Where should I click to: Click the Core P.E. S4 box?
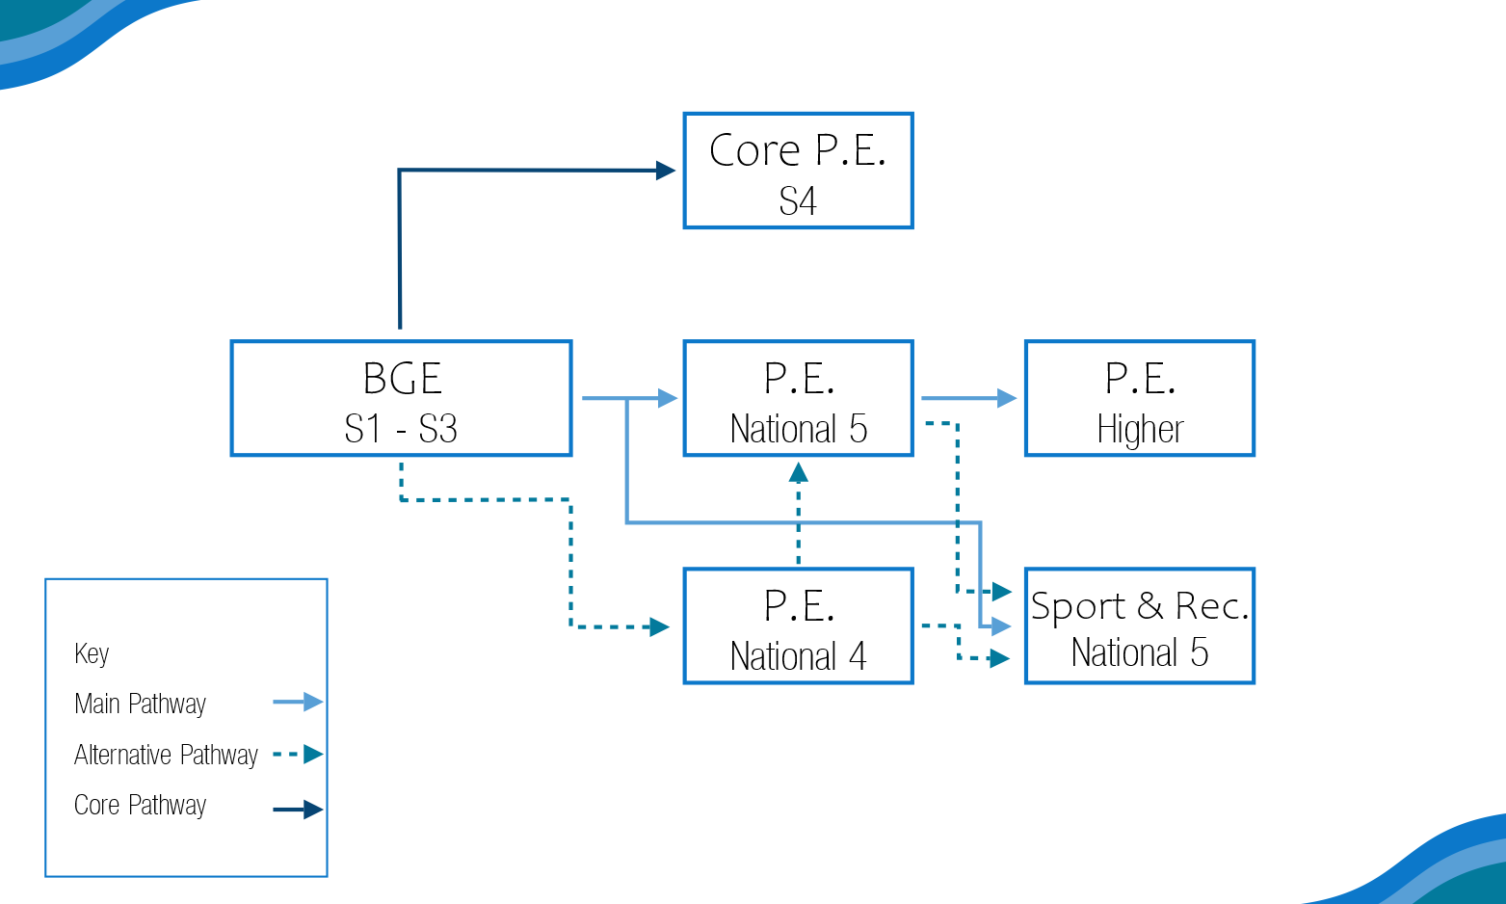798,171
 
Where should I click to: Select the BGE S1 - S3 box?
402,398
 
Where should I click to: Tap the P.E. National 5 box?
798,398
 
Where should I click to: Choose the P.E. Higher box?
1140,398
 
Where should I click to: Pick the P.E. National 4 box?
798,625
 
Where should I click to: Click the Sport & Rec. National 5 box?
1140,625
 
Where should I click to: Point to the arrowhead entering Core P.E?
666,171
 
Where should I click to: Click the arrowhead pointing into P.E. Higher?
1007,398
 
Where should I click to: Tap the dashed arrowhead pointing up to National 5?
798,472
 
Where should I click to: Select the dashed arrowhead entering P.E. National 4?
660,626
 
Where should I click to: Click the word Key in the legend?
92,653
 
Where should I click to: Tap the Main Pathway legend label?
140,705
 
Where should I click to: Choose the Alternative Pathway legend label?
166,755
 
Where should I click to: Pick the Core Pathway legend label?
140,805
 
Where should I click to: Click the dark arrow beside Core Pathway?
298,810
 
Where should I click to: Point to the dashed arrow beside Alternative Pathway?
298,754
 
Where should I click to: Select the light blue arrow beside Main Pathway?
298,702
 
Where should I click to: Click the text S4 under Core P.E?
798,200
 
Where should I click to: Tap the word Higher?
1140,430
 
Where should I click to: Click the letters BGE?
402,378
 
